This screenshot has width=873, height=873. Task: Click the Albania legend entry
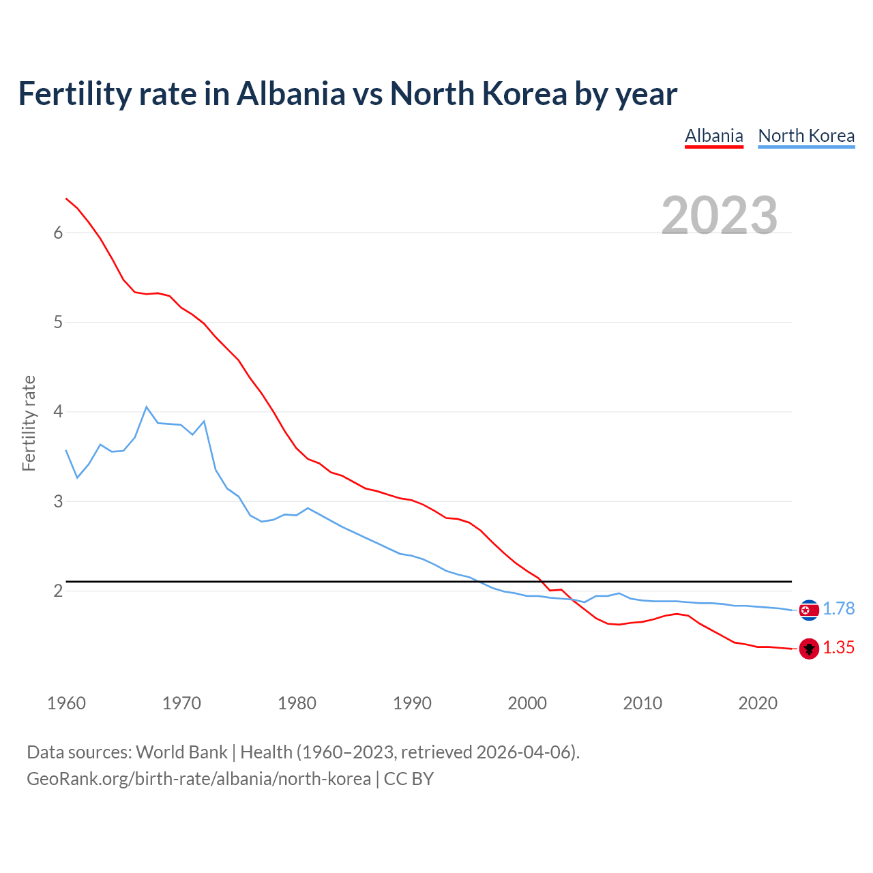[x=713, y=136]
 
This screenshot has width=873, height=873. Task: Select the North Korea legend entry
[x=806, y=136]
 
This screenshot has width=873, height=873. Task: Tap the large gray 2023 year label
[x=720, y=216]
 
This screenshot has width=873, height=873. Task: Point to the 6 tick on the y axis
[x=58, y=233]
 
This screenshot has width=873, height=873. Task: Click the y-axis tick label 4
[x=58, y=412]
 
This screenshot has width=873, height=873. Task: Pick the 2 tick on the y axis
[x=58, y=591]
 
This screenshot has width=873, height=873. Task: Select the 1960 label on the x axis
[x=66, y=703]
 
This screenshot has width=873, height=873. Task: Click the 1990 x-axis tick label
[x=412, y=703]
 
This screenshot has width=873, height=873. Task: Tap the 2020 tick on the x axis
[x=758, y=703]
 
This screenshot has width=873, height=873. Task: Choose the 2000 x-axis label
[x=527, y=703]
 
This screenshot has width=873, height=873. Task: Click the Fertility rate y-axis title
[x=29, y=423]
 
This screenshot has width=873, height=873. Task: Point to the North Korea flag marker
[x=809, y=610]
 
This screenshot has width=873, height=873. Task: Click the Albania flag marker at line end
[x=809, y=649]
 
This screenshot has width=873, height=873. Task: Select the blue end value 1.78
[x=838, y=609]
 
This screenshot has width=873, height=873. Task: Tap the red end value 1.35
[x=838, y=648]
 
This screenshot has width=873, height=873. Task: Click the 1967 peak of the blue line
[x=147, y=407]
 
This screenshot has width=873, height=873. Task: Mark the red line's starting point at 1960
[x=66, y=198]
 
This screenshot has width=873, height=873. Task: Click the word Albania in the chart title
[x=291, y=94]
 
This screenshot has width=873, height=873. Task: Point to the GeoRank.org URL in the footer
[x=198, y=779]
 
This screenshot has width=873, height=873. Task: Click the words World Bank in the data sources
[x=181, y=752]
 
